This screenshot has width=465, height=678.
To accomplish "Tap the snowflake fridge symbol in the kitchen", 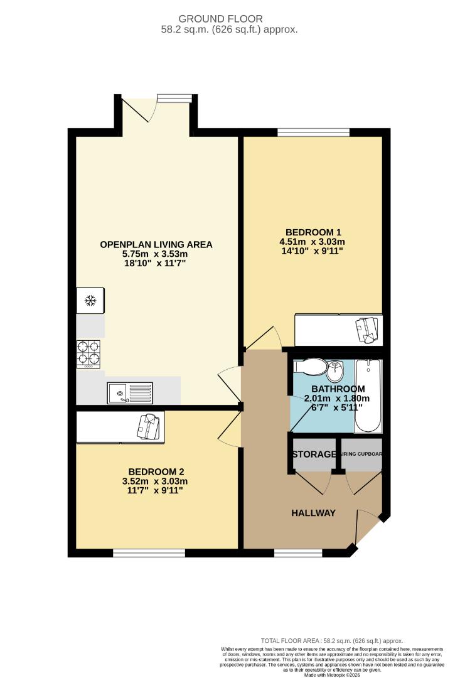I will coord(90,301).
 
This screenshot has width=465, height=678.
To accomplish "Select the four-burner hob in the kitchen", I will coord(88,353).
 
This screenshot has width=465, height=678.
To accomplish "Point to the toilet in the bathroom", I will coord(310,366).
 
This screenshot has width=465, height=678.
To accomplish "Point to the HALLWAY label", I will coord(313,513).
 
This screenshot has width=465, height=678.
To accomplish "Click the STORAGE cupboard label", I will coord(314,454).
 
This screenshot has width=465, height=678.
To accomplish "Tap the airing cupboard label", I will coord(361,454).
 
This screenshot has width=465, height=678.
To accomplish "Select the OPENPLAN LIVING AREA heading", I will coord(156,244).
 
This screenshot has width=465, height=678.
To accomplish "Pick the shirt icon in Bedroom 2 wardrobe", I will coord(149,427).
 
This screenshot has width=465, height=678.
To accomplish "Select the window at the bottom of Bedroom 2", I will coord(149,553).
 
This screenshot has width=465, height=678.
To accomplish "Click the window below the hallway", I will coord(298,553).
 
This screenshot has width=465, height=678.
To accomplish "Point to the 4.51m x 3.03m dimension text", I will coord(312,242).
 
